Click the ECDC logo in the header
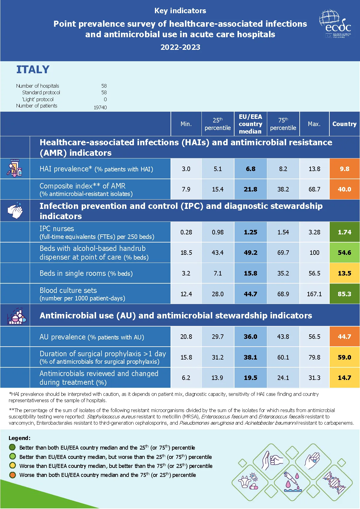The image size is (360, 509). coord(335,24)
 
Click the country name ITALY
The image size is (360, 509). coord(33,70)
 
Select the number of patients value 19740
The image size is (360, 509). coord(100,107)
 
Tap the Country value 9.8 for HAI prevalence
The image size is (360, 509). coord(344,169)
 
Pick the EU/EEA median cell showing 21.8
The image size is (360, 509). coord(250,189)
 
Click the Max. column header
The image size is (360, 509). coord(314,124)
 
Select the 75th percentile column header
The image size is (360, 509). coord(283,124)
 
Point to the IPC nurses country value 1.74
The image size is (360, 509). coord(344,232)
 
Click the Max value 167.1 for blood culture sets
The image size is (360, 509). coord(314,294)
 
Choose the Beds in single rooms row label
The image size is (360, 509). coord(86,273)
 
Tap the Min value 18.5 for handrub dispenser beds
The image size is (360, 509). coord(186,253)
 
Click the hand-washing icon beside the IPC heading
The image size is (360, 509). coord(15,211)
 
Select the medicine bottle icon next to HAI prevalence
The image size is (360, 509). coord(14,168)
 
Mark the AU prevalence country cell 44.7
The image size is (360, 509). coord(344,337)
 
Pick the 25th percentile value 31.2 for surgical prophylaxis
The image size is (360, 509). coord(217,357)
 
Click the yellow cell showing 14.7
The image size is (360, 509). coord(344,378)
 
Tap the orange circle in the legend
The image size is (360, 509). coord(12,475)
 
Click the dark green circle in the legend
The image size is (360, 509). coord(12,447)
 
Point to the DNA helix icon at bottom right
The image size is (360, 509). coord(334,482)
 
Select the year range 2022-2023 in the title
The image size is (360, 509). coord(180,47)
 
